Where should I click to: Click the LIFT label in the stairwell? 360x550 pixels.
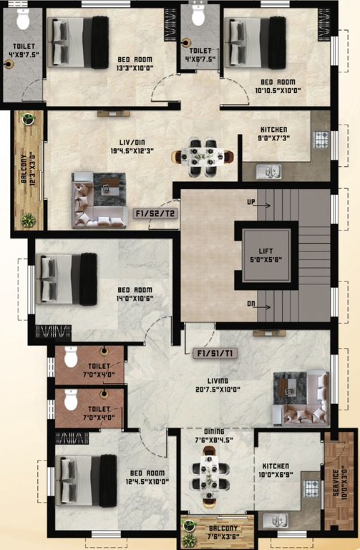coord(266,251)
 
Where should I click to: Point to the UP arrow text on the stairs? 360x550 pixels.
coord(251,203)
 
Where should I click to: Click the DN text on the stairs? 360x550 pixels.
coord(251,303)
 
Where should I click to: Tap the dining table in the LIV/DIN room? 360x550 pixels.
coord(203,155)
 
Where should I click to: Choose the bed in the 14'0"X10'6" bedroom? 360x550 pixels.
coord(67,278)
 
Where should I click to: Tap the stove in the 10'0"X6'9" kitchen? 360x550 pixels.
coord(312,488)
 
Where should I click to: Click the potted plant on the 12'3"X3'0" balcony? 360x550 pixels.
coord(28,220)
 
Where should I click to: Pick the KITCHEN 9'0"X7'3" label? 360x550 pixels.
coord(274,135)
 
